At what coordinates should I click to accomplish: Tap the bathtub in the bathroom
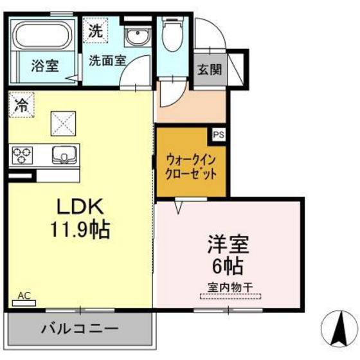pos(44,37)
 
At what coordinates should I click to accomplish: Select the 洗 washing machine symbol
pos(95,30)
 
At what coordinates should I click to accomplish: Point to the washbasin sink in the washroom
pos(136,37)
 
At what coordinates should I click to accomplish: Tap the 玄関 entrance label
pos(208,68)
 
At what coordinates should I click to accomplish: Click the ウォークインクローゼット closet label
pos(191,166)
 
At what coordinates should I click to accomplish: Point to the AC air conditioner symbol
pos(24,299)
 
